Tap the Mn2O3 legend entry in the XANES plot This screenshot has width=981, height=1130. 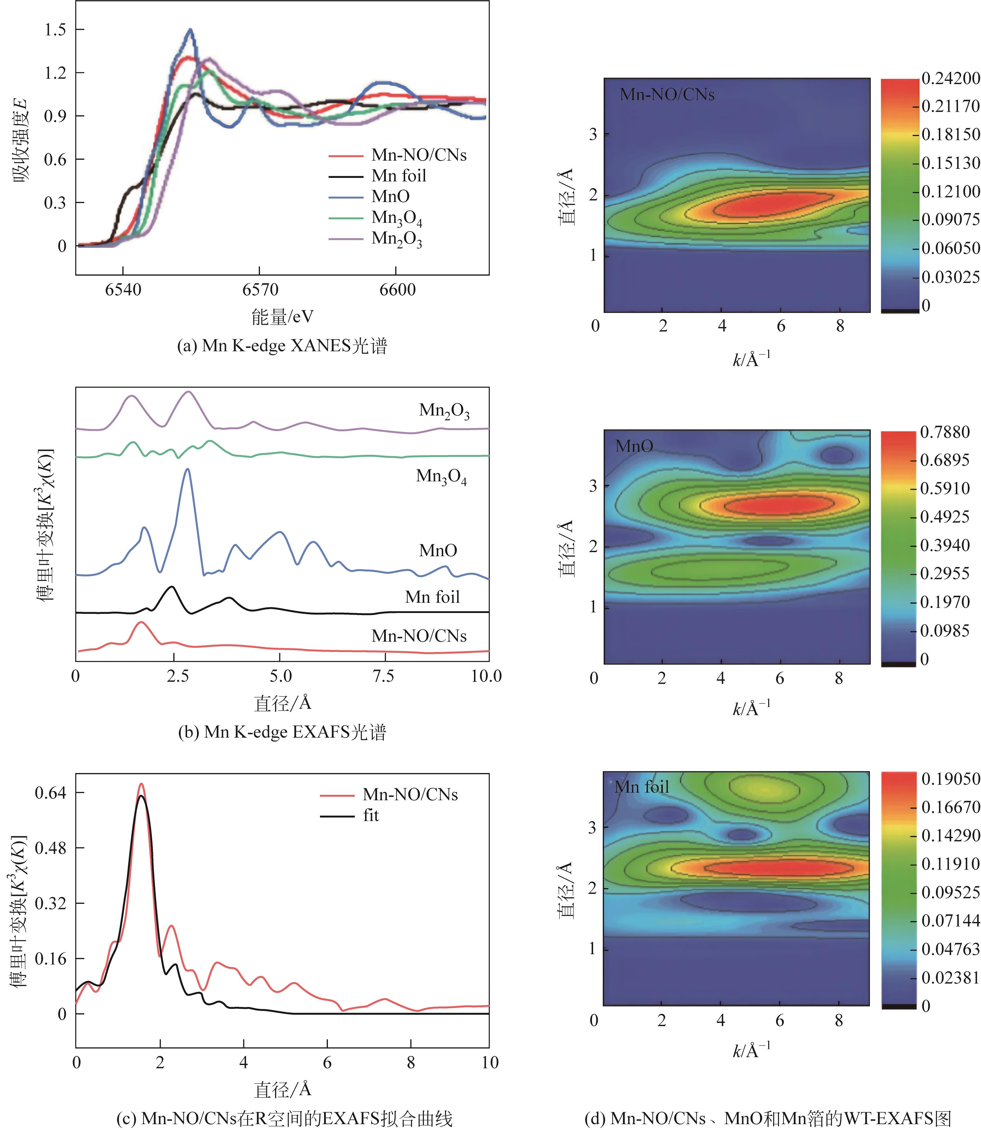tap(396, 239)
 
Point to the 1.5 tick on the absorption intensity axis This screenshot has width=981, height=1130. tap(55, 30)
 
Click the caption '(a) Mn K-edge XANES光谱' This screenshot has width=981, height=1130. tap(282, 346)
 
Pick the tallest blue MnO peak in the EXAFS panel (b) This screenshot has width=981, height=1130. tap(188, 470)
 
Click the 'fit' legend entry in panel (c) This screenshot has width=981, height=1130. tap(371, 816)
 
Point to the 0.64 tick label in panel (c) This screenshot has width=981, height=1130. tap(50, 792)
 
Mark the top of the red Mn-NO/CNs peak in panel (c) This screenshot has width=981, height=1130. tap(141, 784)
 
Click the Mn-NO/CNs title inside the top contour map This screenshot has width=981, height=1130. tap(667, 95)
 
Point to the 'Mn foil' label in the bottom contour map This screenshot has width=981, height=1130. tap(642, 787)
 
